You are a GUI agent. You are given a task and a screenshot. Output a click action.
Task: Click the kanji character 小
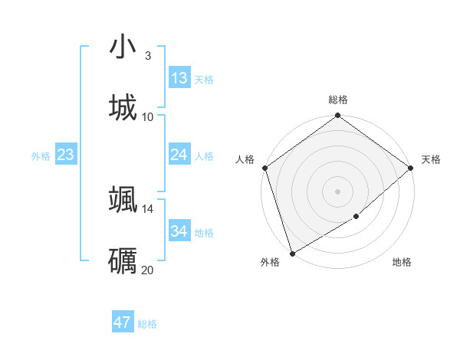(123, 47)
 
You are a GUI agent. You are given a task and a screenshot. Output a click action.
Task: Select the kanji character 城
(123, 108)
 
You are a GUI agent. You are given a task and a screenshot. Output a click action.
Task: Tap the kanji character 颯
(123, 200)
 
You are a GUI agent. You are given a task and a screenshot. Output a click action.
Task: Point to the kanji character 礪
(123, 261)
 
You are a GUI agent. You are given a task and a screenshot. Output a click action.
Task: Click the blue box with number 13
(179, 78)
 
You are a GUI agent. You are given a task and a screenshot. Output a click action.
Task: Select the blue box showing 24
(179, 155)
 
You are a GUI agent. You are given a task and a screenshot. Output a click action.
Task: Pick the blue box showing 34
(179, 231)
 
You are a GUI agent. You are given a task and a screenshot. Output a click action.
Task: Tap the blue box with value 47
(123, 322)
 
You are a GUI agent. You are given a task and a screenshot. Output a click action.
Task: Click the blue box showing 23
(66, 155)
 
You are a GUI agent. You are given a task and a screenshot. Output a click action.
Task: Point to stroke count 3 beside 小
(147, 56)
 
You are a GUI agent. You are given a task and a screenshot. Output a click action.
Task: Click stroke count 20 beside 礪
(147, 270)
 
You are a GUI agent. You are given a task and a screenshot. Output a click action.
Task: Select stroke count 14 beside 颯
(147, 208)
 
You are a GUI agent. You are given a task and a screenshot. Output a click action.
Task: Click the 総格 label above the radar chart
(338, 100)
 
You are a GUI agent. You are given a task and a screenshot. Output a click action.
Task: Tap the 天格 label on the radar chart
(432, 159)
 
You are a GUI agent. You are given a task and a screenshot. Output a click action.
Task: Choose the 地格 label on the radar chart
(402, 263)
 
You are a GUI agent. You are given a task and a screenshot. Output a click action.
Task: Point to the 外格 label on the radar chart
(270, 263)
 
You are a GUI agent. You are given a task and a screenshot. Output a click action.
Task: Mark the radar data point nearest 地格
(356, 217)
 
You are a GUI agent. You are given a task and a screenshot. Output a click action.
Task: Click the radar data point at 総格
(338, 116)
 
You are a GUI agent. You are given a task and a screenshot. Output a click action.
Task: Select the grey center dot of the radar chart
(338, 191)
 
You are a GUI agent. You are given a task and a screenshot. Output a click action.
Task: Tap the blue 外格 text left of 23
(41, 156)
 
